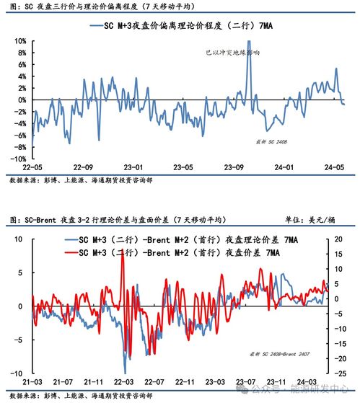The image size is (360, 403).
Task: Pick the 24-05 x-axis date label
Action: point(333,166)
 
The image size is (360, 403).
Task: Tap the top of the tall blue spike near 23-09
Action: point(249,42)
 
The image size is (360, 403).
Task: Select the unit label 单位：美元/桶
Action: point(310,219)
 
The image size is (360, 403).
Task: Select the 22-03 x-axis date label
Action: point(123,380)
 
